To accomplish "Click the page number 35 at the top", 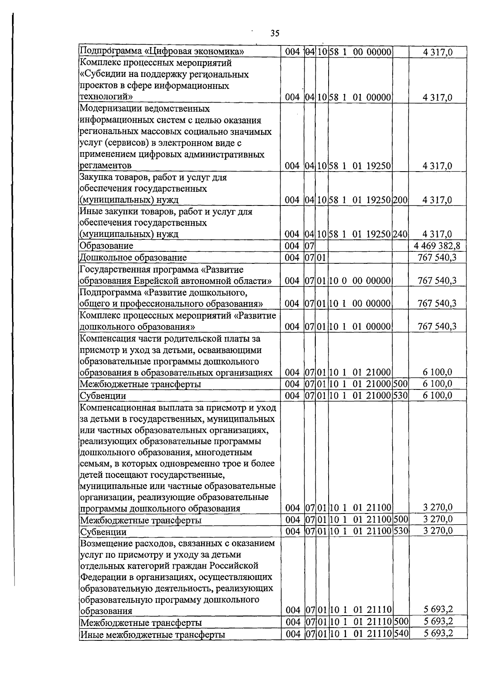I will [275, 33].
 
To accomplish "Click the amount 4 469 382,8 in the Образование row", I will [437, 246].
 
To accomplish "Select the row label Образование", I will [106, 246].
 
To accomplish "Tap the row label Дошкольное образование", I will [133, 258].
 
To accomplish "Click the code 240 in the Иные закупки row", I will [400, 234].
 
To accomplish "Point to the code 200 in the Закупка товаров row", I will [400, 200].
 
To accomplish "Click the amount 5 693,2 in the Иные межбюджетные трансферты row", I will [438, 633].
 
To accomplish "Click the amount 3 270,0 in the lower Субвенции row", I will [438, 531].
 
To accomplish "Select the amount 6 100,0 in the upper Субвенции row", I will [438, 395].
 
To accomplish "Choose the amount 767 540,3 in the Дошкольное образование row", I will [437, 258].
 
